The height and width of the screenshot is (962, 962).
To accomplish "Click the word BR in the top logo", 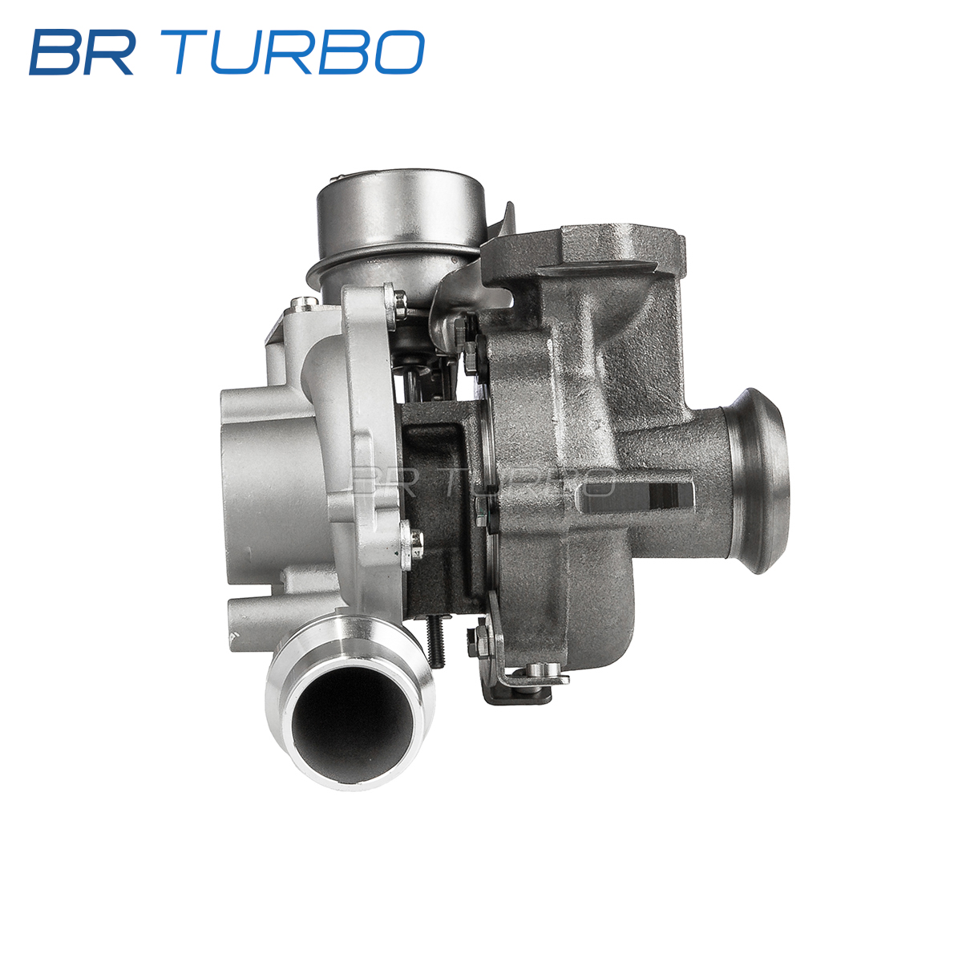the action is pyautogui.click(x=82, y=52).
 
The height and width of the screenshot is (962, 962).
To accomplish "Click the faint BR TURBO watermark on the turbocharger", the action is pyautogui.click(x=481, y=482).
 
